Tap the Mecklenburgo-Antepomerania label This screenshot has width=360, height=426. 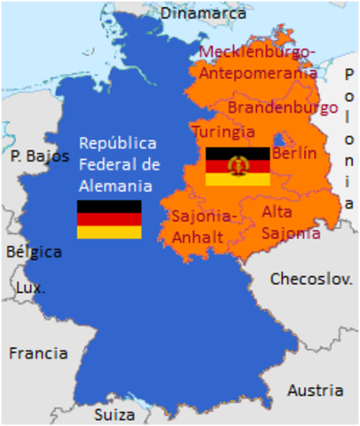257,62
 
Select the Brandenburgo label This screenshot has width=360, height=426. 283,107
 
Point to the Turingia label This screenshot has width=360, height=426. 223,131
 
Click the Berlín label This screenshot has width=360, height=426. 293,153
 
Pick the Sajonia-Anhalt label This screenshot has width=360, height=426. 204,226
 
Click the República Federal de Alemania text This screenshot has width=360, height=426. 116,164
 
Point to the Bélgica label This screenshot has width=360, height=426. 34,251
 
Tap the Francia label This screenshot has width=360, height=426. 38,352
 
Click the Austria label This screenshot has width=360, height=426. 315,390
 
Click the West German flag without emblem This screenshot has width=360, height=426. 109,219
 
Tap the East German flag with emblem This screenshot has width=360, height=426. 238,166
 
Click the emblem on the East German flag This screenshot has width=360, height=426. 238,166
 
